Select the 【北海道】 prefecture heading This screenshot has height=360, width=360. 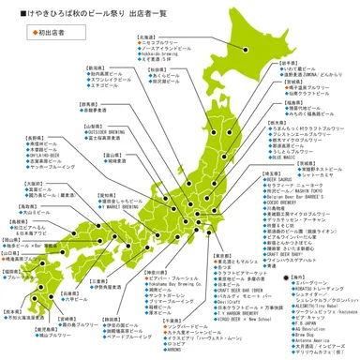click(x=148, y=37)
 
